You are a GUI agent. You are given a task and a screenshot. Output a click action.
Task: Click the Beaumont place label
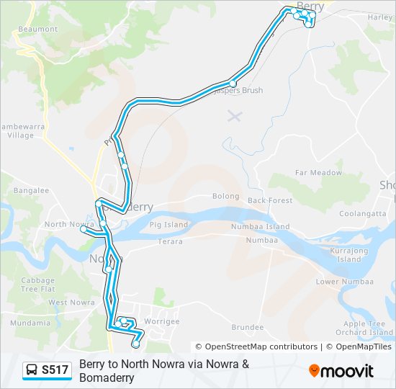point(37,29)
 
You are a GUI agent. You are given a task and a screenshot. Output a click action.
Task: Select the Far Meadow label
point(319,173)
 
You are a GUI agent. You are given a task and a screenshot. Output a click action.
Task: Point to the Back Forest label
point(270,200)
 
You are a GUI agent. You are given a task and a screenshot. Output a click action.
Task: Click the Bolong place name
point(225,196)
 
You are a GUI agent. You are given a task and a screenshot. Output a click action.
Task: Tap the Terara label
point(171,242)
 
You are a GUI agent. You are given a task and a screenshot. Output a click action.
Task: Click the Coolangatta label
point(364,213)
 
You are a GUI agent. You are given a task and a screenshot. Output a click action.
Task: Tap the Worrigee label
point(161,321)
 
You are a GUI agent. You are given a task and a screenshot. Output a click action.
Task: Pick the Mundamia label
point(30,323)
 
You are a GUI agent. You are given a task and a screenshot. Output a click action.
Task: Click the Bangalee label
point(31,191)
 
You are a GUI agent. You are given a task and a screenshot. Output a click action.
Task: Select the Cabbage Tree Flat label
point(37,285)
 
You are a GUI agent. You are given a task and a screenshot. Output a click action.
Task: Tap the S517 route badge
point(47,370)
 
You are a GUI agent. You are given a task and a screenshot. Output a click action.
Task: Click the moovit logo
point(341,371)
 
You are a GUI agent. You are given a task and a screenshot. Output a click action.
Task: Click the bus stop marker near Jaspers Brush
point(233,84)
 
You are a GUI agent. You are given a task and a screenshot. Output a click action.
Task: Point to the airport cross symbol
point(233,115)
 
